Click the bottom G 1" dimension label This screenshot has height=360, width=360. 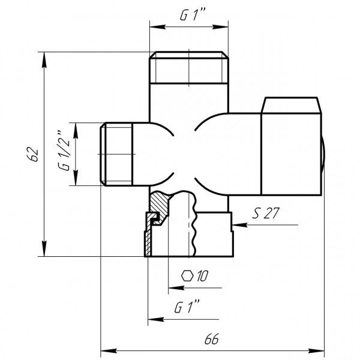pos(187,308)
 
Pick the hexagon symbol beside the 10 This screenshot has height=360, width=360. pos(188,276)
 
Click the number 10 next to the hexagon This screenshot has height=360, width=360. pos(202,276)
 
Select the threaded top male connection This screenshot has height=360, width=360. pos(189,67)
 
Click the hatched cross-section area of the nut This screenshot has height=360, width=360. pos(159,207)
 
